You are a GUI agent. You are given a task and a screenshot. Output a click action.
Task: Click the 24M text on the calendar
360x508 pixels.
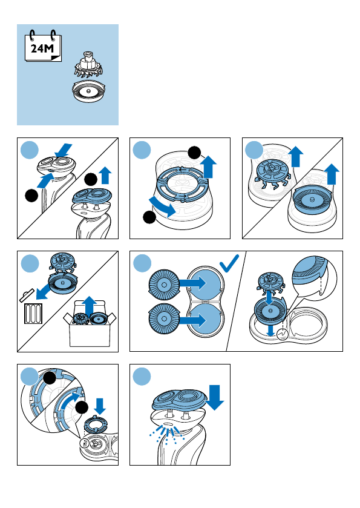(42, 48)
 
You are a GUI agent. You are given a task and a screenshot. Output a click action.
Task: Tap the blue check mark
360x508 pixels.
(229, 263)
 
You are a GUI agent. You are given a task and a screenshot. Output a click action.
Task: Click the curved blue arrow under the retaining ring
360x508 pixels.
(162, 207)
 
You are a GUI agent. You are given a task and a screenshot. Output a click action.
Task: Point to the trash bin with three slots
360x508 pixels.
(34, 313)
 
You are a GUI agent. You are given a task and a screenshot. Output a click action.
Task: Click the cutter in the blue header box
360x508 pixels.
(88, 65)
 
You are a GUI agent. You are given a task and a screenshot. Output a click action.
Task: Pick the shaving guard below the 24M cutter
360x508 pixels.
(89, 91)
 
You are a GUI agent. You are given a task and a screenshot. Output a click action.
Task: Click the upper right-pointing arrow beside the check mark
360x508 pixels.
(192, 283)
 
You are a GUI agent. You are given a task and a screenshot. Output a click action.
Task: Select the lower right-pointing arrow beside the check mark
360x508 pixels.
(192, 320)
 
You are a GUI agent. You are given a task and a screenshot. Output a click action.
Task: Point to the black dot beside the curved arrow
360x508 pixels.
(149, 217)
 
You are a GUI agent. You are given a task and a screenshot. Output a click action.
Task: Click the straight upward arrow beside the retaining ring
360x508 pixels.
(210, 167)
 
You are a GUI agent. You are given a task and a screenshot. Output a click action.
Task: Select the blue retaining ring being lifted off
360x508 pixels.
(182, 184)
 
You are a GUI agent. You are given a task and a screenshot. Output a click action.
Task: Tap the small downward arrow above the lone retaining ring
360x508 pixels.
(100, 406)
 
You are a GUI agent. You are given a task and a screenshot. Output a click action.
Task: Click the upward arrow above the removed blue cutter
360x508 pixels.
(296, 156)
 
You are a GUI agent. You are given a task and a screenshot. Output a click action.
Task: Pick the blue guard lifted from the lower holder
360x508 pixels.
(312, 198)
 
